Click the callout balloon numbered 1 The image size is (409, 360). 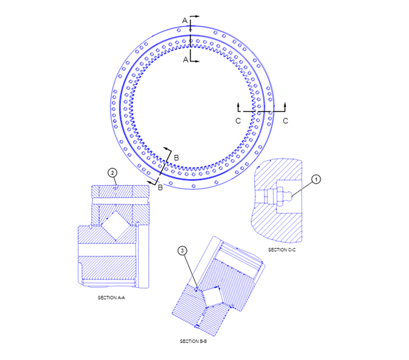(316, 180)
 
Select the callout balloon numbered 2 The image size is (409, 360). (113, 173)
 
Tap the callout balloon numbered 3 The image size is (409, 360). (183, 251)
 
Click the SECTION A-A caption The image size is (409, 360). (111, 298)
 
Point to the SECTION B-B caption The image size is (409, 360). (193, 341)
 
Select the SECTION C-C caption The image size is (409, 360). (282, 250)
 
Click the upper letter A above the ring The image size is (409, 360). (185, 21)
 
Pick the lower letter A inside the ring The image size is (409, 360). (185, 60)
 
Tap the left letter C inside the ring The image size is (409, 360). (238, 121)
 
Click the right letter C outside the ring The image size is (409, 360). (286, 121)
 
